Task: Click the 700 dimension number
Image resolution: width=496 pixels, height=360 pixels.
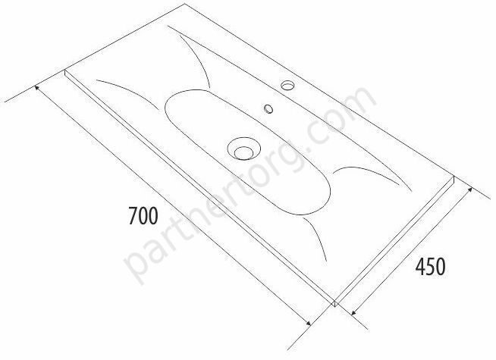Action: click(x=143, y=215)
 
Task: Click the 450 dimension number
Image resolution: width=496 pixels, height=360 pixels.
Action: click(x=430, y=267)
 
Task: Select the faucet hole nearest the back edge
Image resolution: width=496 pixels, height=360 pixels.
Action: click(x=288, y=85)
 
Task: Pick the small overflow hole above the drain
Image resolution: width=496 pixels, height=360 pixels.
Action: click(x=269, y=108)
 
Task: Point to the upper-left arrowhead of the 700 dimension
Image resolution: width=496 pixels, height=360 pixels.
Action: click(x=37, y=88)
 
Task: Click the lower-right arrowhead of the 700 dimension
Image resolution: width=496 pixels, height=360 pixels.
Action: click(x=308, y=323)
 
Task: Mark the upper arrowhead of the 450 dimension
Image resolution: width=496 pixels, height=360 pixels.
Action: click(x=469, y=190)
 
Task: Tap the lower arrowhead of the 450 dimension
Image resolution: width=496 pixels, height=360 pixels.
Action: click(x=354, y=312)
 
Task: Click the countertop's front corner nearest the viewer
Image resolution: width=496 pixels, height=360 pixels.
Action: click(x=335, y=306)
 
